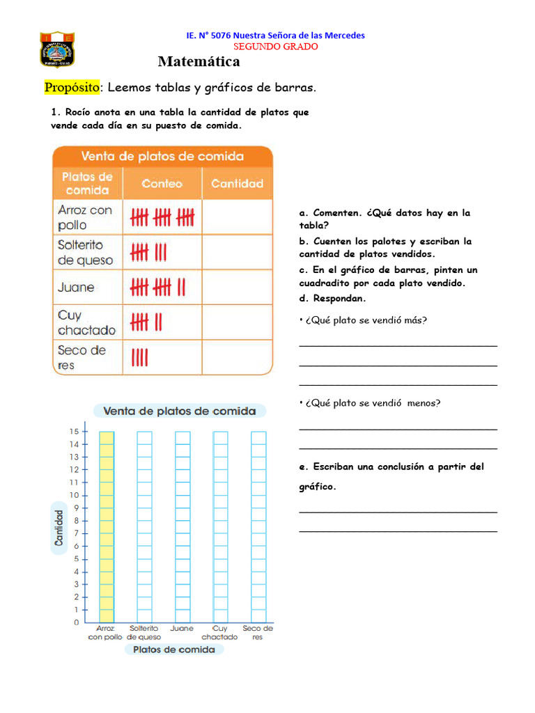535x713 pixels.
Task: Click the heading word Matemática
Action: pyautogui.click(x=199, y=62)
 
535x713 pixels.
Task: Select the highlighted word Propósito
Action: pyautogui.click(x=72, y=88)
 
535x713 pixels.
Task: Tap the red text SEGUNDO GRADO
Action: pyautogui.click(x=275, y=47)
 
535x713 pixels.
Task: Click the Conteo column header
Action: pyautogui.click(x=162, y=184)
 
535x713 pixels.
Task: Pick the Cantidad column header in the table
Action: pyautogui.click(x=237, y=184)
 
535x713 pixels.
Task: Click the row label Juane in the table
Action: pyautogui.click(x=76, y=288)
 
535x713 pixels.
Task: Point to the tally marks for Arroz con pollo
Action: pyautogui.click(x=162, y=218)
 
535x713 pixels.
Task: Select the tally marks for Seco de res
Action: pyautogui.click(x=139, y=358)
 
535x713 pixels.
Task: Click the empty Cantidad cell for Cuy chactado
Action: pyautogui.click(x=237, y=322)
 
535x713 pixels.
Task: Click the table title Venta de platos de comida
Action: pyautogui.click(x=162, y=156)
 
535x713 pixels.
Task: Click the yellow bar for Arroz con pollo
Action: pyautogui.click(x=107, y=526)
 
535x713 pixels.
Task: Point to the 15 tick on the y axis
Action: pyautogui.click(x=74, y=432)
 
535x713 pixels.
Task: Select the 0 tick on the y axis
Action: pyautogui.click(x=76, y=622)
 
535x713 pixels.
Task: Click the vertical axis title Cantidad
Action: pyautogui.click(x=60, y=527)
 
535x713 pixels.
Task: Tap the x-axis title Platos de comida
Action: pyautogui.click(x=174, y=650)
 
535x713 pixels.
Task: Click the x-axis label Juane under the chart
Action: pyautogui.click(x=182, y=629)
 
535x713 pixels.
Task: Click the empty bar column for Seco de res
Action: pyautogui.click(x=258, y=526)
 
